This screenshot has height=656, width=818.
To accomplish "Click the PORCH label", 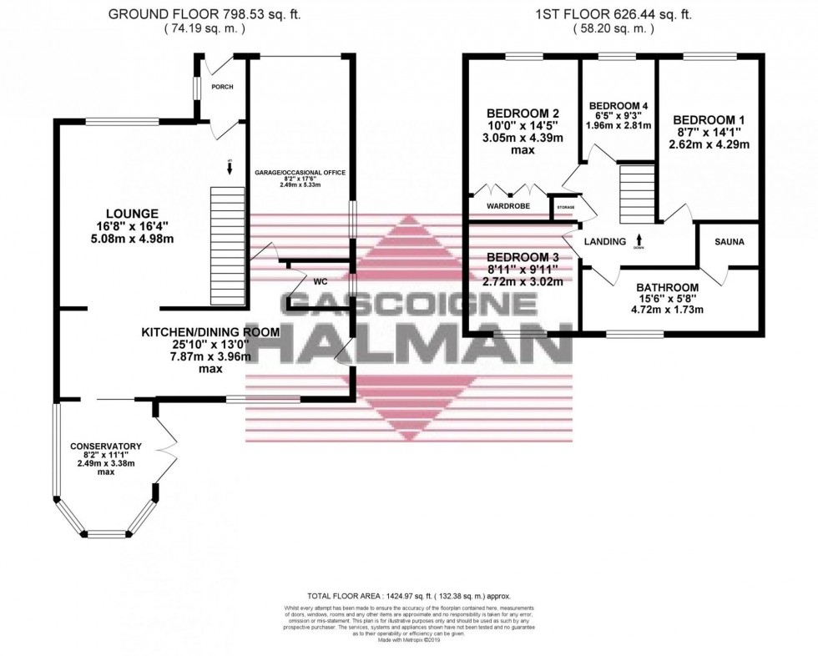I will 222,88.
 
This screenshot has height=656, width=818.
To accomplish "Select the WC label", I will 320,282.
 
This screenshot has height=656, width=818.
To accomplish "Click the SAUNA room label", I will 729,242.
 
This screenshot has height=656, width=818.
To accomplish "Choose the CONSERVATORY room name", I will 105,446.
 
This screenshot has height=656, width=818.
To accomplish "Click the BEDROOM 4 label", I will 619,106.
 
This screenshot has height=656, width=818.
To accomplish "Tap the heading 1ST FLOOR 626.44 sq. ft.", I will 614,14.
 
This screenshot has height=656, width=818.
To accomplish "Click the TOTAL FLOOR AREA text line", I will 409,596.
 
